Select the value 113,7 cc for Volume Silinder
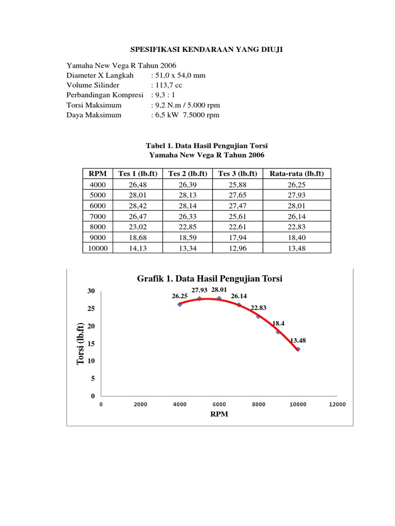tap(167, 85)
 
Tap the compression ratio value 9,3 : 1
tap(164, 95)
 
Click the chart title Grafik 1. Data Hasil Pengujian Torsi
tap(210, 278)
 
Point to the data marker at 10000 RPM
tap(298, 349)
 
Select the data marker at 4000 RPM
tap(179, 305)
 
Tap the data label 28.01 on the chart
tap(219, 290)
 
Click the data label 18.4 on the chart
tap(278, 324)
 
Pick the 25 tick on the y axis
tap(92, 309)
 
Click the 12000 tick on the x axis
tap(337, 405)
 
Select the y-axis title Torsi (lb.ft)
tap(80, 344)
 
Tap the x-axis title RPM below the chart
tap(219, 415)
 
